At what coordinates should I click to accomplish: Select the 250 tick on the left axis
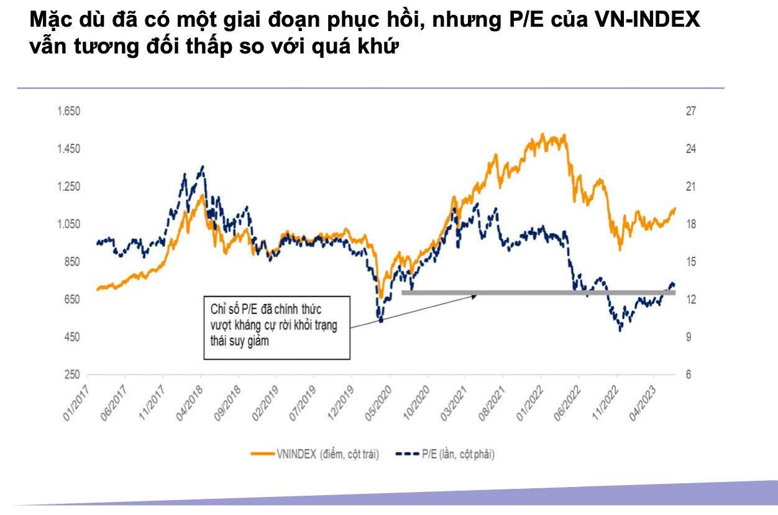(x=73, y=375)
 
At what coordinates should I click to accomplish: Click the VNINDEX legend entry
(x=314, y=454)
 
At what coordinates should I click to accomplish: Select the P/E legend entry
(x=444, y=454)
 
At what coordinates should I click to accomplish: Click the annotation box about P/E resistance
(x=277, y=328)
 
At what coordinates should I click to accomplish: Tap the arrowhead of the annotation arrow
(x=475, y=296)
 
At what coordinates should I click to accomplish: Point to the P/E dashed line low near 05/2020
(x=380, y=321)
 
